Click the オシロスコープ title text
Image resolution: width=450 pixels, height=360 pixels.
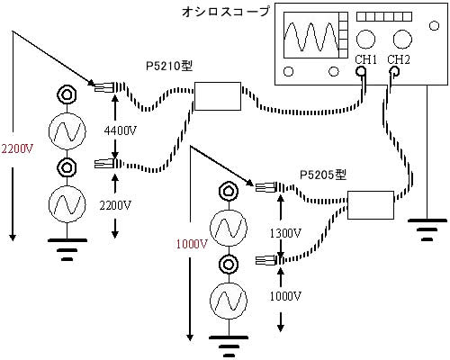[x=226, y=12]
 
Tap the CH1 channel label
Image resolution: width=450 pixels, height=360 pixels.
[x=365, y=59]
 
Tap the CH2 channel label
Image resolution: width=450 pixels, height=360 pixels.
[x=399, y=59]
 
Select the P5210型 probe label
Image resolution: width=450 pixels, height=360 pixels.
[x=169, y=66]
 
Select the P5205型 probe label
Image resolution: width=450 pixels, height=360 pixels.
[x=323, y=175]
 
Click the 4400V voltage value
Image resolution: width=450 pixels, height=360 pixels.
[x=121, y=130]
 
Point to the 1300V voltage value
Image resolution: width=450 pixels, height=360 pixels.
[x=285, y=233]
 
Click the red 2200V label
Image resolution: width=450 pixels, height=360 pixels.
[x=17, y=148]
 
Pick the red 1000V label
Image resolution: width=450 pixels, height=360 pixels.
[x=192, y=245]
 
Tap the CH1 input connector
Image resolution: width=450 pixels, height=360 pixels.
[x=361, y=72]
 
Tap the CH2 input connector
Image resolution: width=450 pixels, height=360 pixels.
[x=394, y=72]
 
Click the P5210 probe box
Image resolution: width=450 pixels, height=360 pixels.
[x=218, y=96]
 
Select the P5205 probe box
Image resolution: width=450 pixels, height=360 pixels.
[x=371, y=205]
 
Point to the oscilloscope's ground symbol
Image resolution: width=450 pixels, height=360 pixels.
[x=427, y=229]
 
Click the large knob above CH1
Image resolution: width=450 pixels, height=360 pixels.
[x=365, y=39]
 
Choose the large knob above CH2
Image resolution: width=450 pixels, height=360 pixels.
[x=402, y=39]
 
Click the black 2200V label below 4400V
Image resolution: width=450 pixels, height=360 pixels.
[x=116, y=206]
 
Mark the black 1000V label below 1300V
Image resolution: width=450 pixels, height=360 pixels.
[x=285, y=296]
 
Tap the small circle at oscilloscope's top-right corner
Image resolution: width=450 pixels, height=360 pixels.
[x=435, y=26]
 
